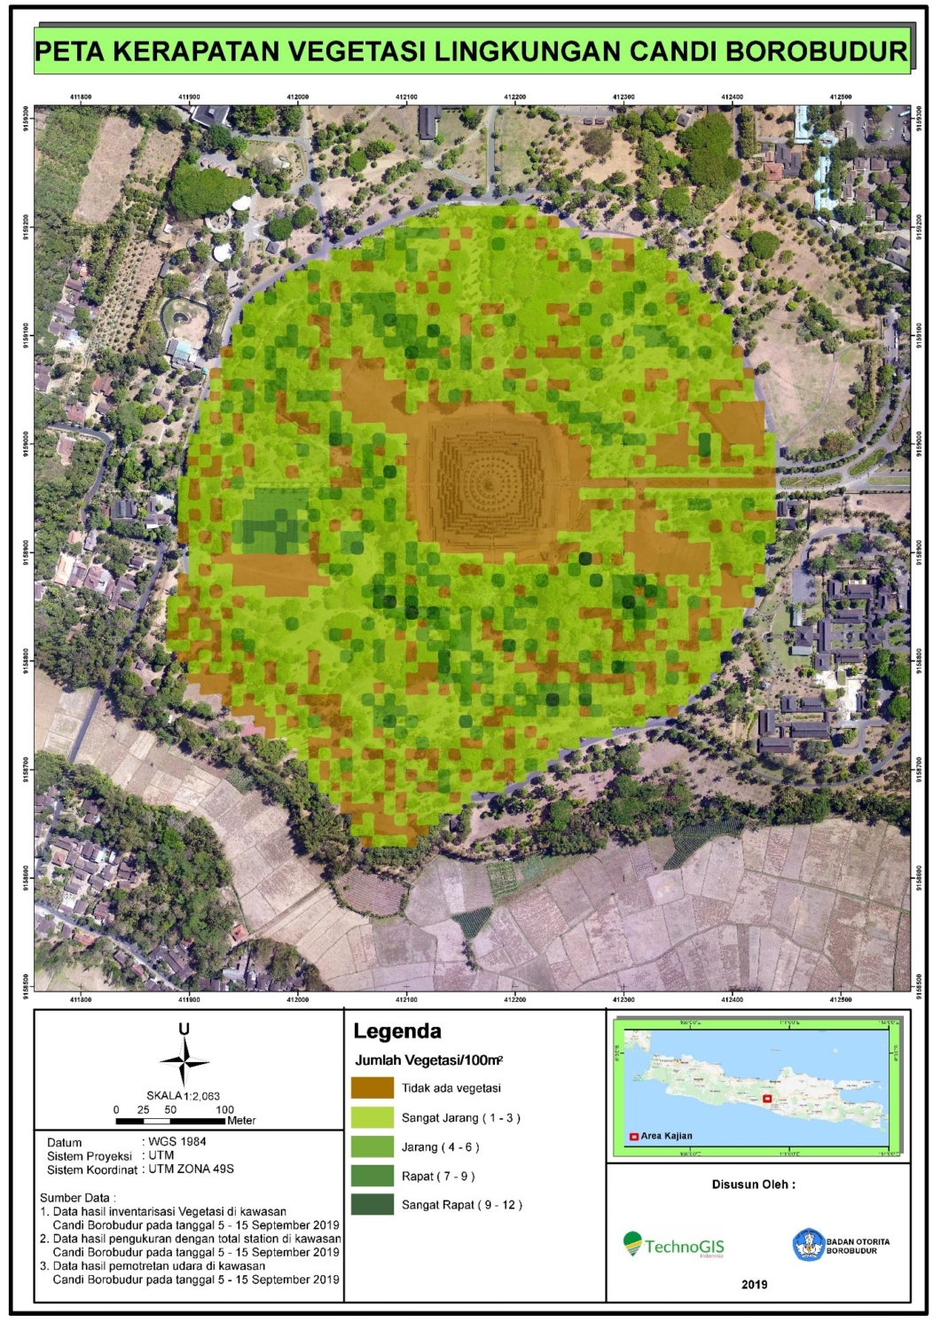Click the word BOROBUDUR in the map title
point(816,51)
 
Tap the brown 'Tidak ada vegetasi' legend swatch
point(372,1088)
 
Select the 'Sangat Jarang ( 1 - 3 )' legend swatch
point(372,1117)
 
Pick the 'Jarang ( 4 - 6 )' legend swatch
point(372,1146)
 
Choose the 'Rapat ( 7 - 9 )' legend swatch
point(372,1176)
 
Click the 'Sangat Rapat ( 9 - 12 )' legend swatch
point(372,1204)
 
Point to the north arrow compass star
point(184,1061)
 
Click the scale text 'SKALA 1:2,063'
point(184,1096)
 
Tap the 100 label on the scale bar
point(224,1109)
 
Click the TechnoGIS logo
point(673,1246)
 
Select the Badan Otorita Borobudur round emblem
point(808,1245)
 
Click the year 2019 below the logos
point(754,1284)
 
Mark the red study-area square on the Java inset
point(767,1099)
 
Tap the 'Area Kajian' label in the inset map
point(666,1136)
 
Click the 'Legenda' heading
point(396,1031)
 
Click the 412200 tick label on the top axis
point(514,98)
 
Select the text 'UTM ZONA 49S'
point(191,1169)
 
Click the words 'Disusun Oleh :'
point(753,1185)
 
